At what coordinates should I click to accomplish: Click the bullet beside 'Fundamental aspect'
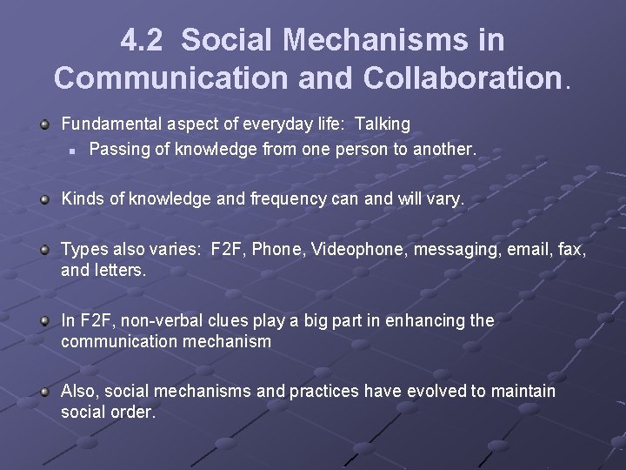click(45, 125)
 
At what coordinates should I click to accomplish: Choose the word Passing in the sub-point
click(117, 149)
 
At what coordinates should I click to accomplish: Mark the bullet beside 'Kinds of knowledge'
click(45, 199)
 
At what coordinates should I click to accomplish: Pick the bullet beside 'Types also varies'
click(45, 251)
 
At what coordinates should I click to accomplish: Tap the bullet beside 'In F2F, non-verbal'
click(45, 320)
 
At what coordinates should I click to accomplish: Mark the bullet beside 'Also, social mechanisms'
click(45, 391)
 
